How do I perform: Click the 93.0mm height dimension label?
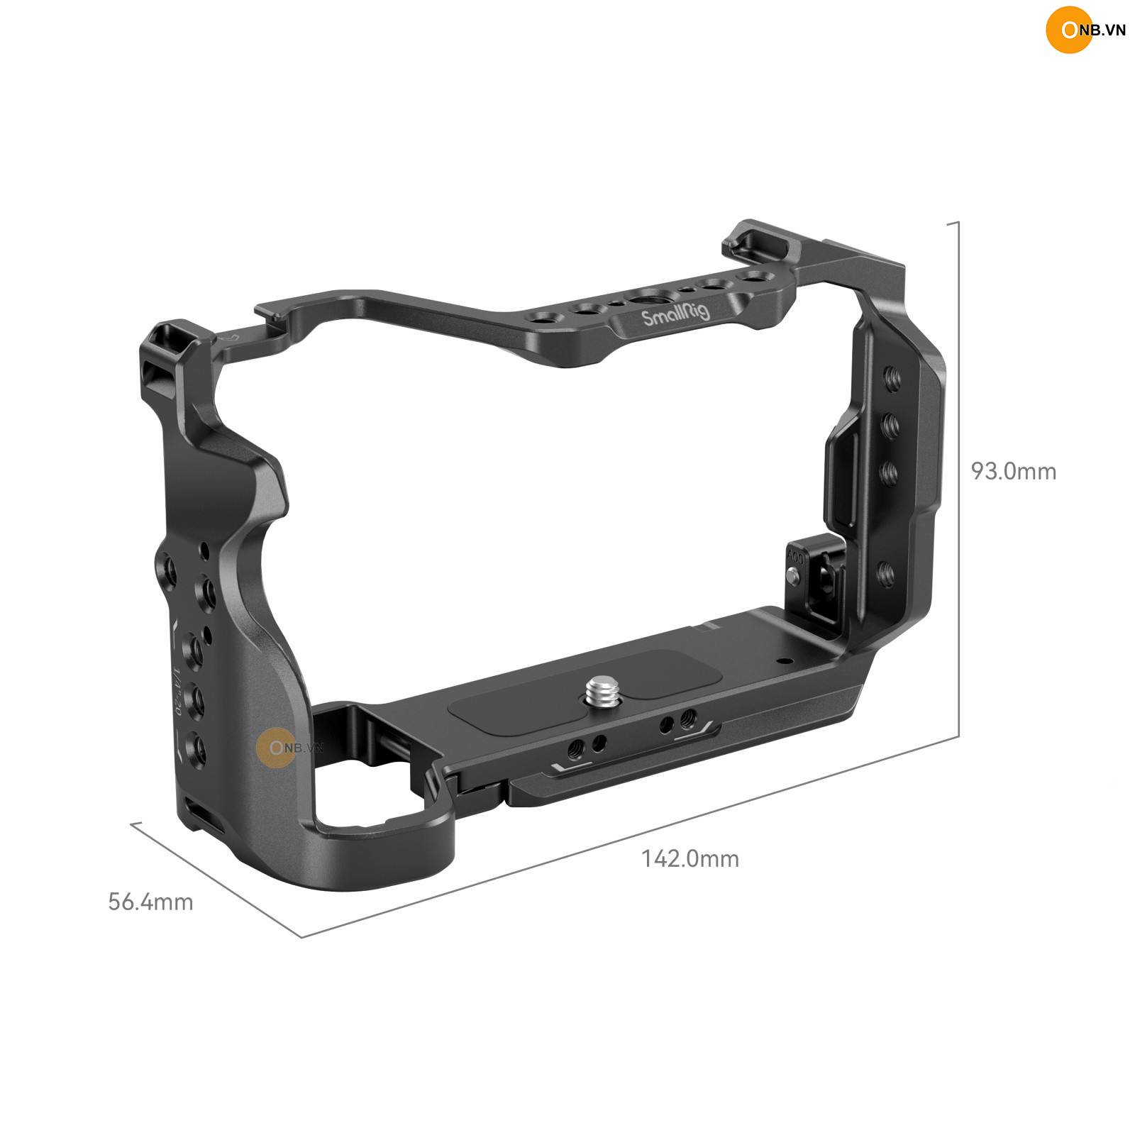(x=1014, y=471)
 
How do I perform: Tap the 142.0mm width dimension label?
(x=690, y=859)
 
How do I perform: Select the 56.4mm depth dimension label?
(x=150, y=902)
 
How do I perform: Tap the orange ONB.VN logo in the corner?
(x=1085, y=32)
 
